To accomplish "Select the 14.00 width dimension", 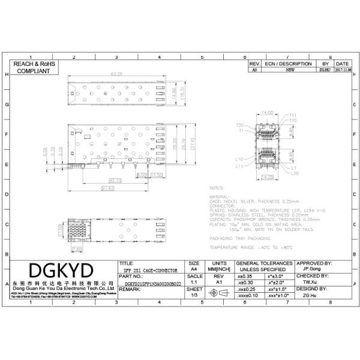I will coord(266,112).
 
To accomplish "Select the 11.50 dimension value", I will coord(157,175).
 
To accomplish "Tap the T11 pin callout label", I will coord(293,115).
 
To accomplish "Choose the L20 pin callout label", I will coord(294,173).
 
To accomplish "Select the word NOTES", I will coord(216,188).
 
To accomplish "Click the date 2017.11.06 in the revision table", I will coord(342,70).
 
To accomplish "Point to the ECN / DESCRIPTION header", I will coord(288,63).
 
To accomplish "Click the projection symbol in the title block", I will coord(219,292).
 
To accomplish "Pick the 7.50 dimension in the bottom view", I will coord(77,248).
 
